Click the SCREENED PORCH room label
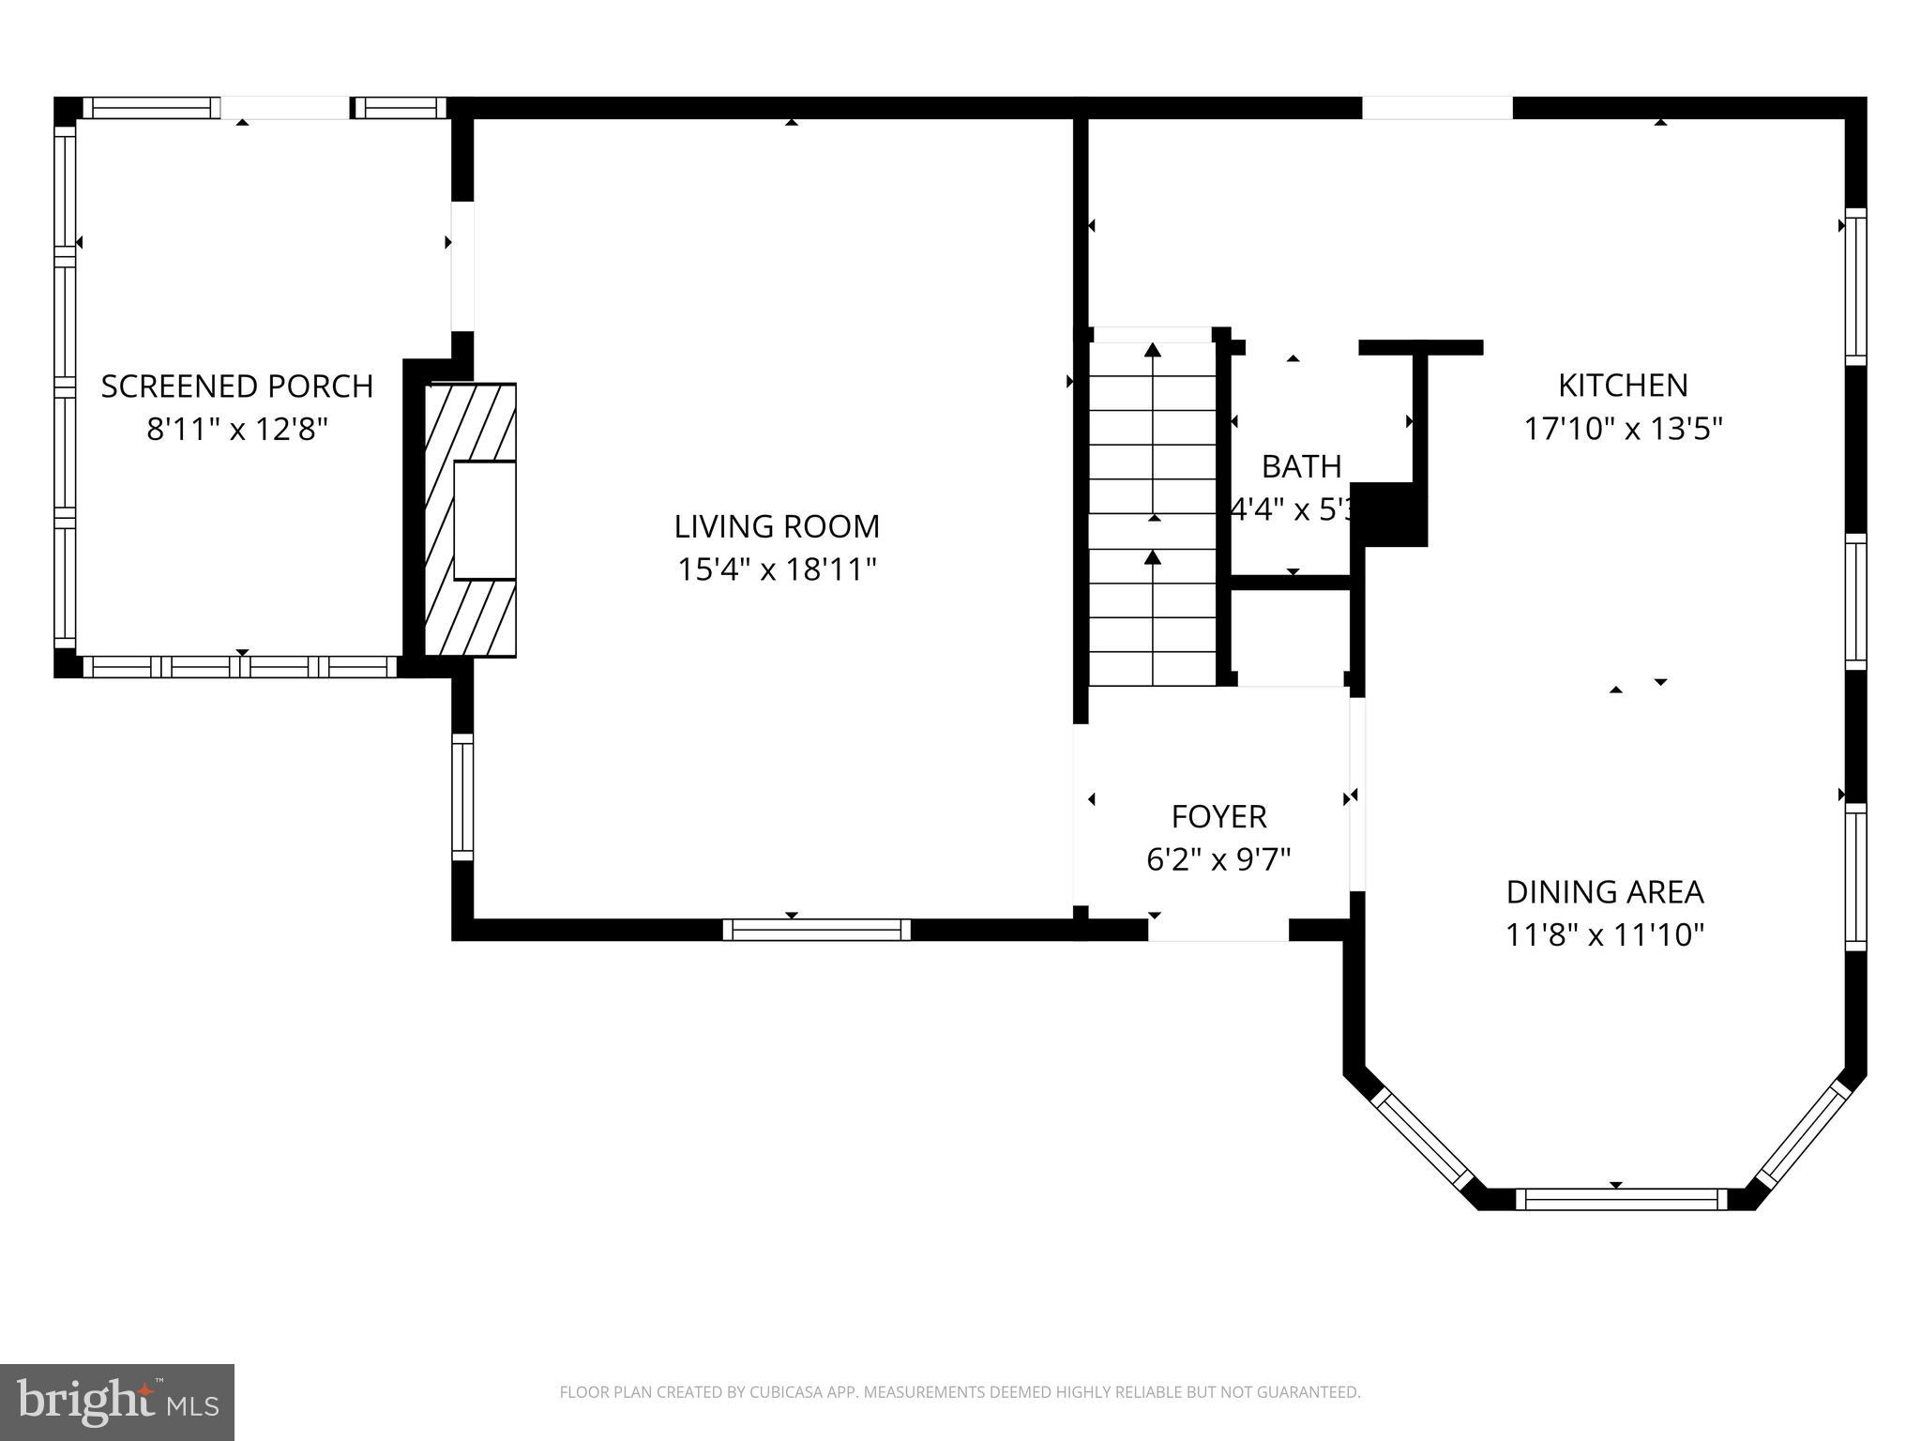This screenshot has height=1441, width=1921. (x=237, y=387)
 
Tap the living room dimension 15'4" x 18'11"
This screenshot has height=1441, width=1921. (x=777, y=569)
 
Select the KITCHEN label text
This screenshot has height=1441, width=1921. (x=1623, y=386)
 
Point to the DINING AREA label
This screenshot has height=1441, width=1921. (x=1604, y=891)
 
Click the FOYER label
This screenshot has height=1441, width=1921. (x=1218, y=816)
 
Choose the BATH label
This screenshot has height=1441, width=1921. (x=1300, y=466)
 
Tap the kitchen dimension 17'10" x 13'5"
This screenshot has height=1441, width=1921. (x=1623, y=429)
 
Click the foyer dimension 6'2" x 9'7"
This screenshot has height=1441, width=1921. (x=1218, y=859)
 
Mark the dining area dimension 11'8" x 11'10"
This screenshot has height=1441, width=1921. (x=1604, y=935)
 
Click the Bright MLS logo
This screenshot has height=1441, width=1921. (x=116, y=1403)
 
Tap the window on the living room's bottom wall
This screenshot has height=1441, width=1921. (x=816, y=930)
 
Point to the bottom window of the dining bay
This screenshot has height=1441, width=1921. (x=1620, y=1199)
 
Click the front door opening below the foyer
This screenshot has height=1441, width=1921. (x=1218, y=930)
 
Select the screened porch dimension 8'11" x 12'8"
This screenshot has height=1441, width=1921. (x=237, y=430)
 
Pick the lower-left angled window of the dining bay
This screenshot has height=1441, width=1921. (x=1422, y=1139)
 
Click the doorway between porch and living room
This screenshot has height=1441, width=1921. (x=462, y=266)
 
